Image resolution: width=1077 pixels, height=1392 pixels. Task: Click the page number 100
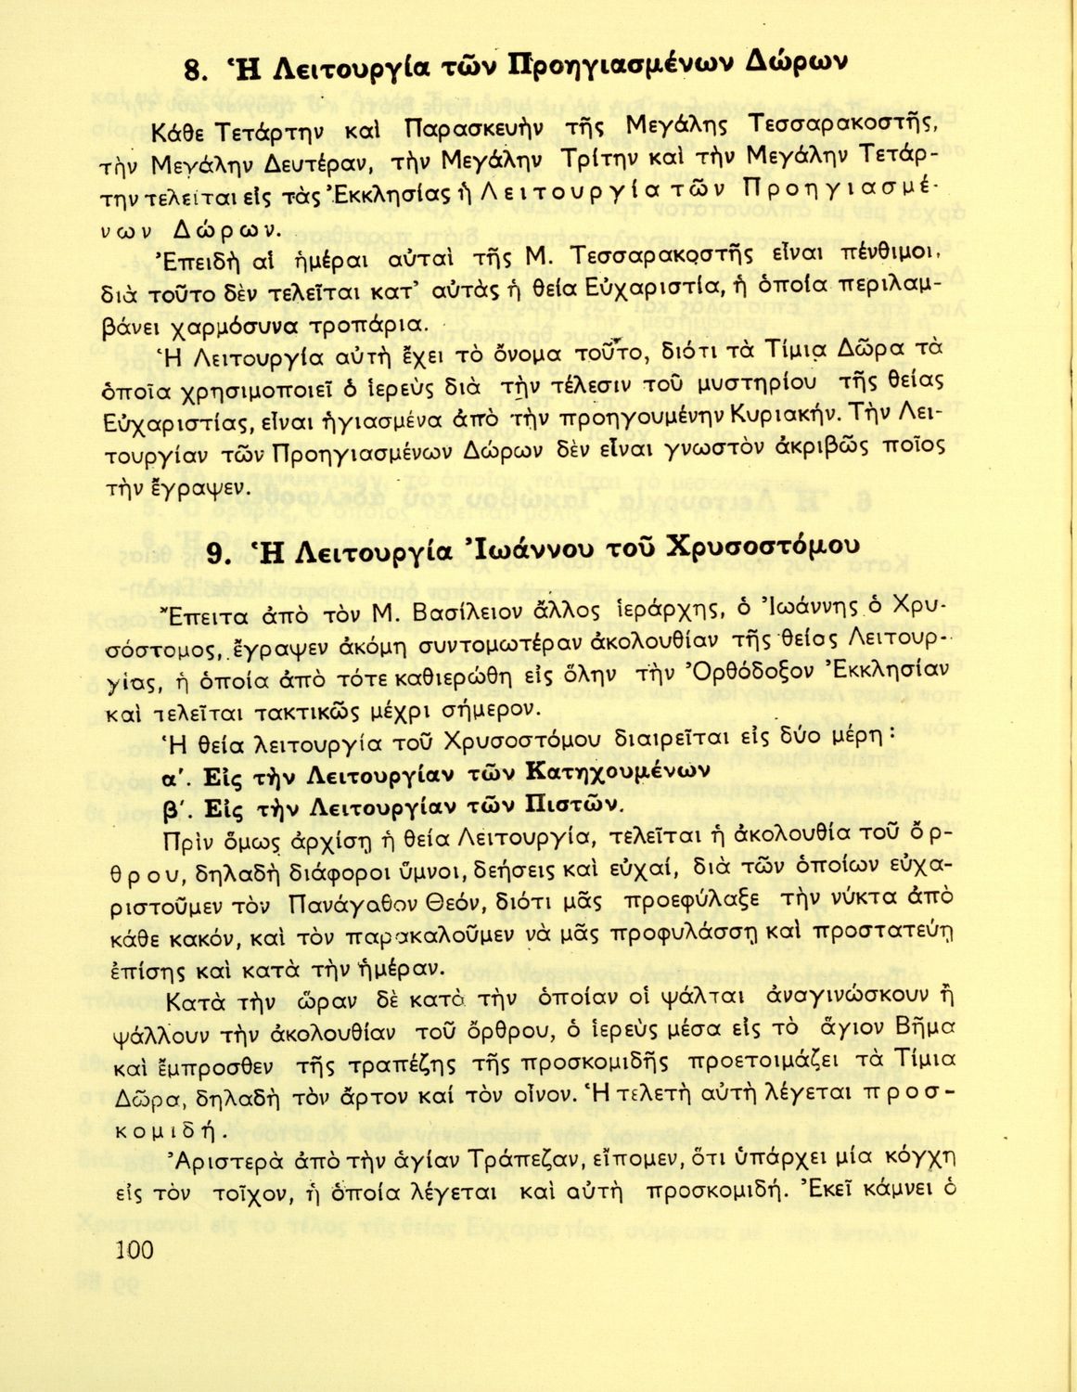click(x=135, y=1250)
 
